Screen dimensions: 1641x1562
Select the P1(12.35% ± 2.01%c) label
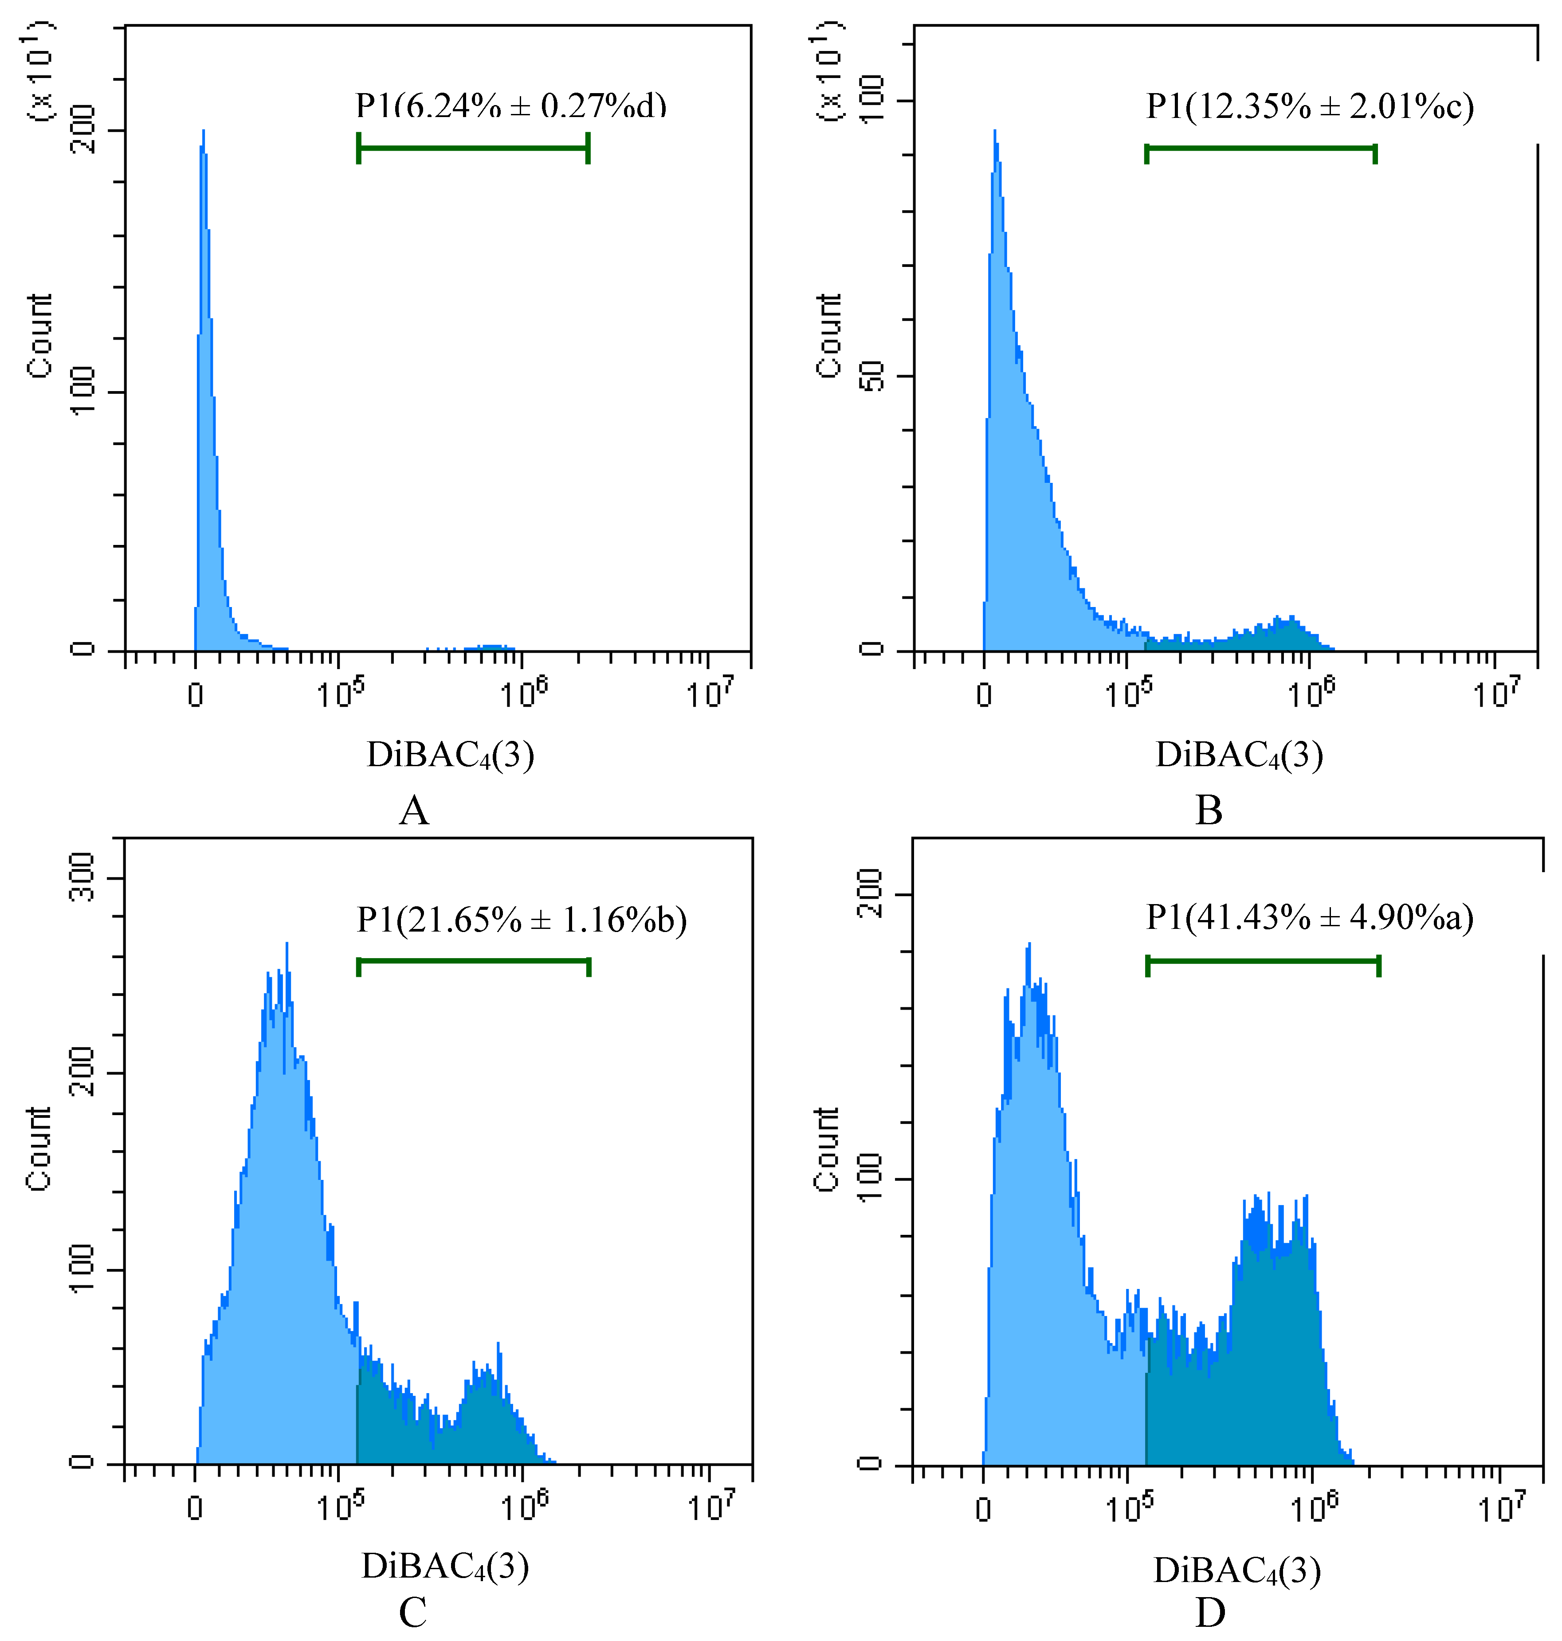coord(1309,106)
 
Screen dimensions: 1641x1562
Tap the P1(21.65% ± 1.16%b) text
coord(521,920)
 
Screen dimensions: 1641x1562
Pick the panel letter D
coord(1210,1613)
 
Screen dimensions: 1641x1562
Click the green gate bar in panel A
coord(473,148)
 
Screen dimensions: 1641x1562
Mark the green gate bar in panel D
coord(1263,962)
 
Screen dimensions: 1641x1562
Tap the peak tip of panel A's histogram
coord(203,132)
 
